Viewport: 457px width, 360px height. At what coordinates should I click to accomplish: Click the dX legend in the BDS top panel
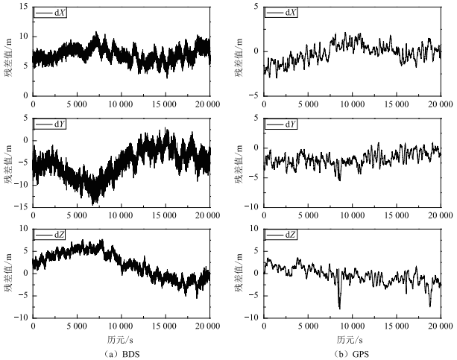(x=52, y=13)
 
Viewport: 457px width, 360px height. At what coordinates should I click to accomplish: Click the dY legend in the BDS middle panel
(x=52, y=124)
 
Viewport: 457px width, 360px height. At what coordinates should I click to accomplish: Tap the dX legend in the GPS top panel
(x=283, y=13)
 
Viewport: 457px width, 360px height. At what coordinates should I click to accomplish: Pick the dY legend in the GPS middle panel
(x=283, y=124)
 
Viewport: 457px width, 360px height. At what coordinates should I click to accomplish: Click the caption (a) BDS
(x=120, y=353)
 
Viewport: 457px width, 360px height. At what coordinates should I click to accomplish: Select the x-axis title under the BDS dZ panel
(x=120, y=338)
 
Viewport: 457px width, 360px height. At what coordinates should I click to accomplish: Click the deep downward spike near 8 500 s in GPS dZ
(x=340, y=306)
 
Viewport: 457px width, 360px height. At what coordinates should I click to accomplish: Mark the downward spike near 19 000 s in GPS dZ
(x=430, y=305)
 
